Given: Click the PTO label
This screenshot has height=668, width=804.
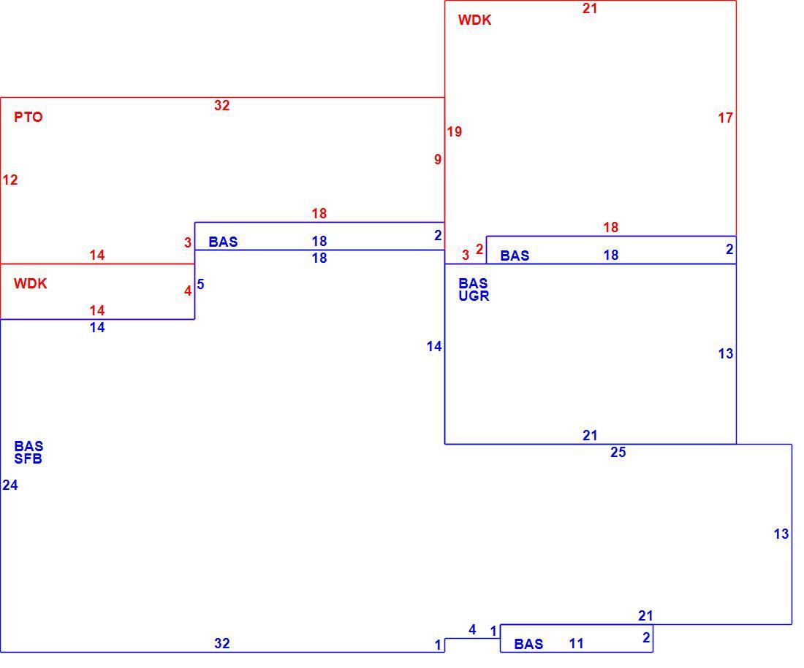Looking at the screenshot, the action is (x=29, y=118).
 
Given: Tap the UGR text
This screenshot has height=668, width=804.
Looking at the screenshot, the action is (x=474, y=296).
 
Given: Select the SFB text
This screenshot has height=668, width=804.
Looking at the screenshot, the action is (x=29, y=459).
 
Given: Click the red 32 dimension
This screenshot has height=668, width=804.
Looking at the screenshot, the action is (x=222, y=106).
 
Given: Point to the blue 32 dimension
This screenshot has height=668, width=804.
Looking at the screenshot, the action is (x=222, y=643).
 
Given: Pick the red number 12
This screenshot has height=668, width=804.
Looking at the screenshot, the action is (x=10, y=180).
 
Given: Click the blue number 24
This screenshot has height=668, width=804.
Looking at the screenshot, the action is (x=10, y=485).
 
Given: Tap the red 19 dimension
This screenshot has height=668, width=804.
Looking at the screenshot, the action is (x=455, y=132).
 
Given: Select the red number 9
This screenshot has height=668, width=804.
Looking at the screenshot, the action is (x=437, y=160).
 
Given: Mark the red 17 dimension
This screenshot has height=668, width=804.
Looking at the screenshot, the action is (x=726, y=118).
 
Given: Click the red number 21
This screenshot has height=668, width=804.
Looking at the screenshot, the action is (x=590, y=8).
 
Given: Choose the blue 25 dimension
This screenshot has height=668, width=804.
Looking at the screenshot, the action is (x=618, y=453).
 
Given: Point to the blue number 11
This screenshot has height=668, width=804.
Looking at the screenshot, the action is (x=577, y=644).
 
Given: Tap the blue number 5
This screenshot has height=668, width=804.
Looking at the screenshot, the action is (x=200, y=284).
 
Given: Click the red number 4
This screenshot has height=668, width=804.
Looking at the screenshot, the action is (x=188, y=291).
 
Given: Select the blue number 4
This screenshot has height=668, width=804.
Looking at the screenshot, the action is (x=472, y=630).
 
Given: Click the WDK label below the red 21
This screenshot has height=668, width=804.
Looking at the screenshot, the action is (x=475, y=20).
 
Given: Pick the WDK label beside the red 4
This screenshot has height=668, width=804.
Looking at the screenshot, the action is (x=30, y=284).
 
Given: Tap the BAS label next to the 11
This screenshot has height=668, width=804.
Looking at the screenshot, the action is (x=528, y=644).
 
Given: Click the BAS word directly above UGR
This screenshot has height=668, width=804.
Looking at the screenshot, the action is (x=474, y=283).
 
